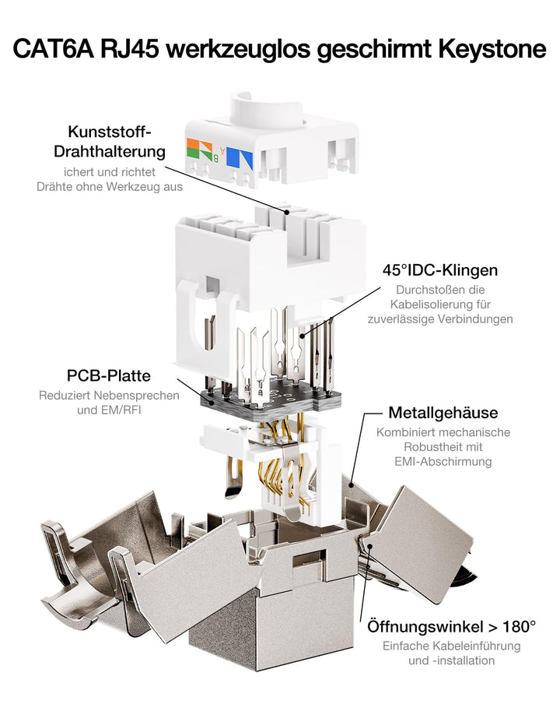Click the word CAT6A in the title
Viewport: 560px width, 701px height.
pos(54,48)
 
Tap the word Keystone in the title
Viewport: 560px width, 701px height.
pos(492,49)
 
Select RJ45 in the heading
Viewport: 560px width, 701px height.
pos(130,48)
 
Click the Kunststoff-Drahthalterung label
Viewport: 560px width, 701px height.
pos(110,141)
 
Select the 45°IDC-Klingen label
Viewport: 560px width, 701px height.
pos(440,270)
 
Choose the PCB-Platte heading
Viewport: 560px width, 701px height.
pos(109,375)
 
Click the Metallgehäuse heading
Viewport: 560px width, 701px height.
pos(443,412)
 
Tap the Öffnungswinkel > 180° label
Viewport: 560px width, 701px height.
pos(451,626)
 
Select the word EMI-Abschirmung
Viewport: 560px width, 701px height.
pos(443,461)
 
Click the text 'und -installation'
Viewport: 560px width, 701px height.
pos(451,660)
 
